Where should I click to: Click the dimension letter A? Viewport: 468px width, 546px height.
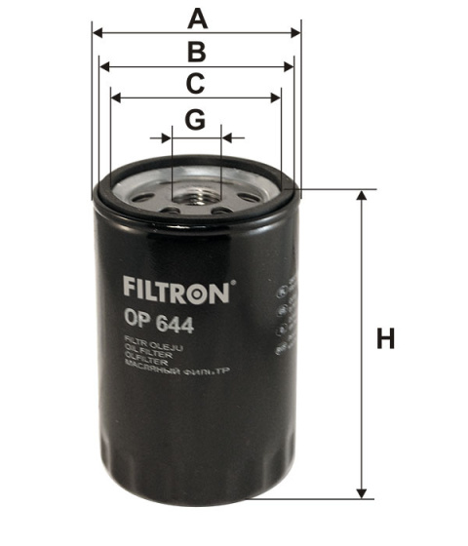(x=198, y=18)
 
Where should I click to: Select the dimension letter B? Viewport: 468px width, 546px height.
(x=197, y=52)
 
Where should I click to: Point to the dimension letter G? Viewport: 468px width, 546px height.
(x=196, y=120)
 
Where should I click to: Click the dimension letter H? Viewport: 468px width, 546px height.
(x=387, y=340)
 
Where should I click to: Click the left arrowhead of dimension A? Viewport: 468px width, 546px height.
(x=97, y=32)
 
